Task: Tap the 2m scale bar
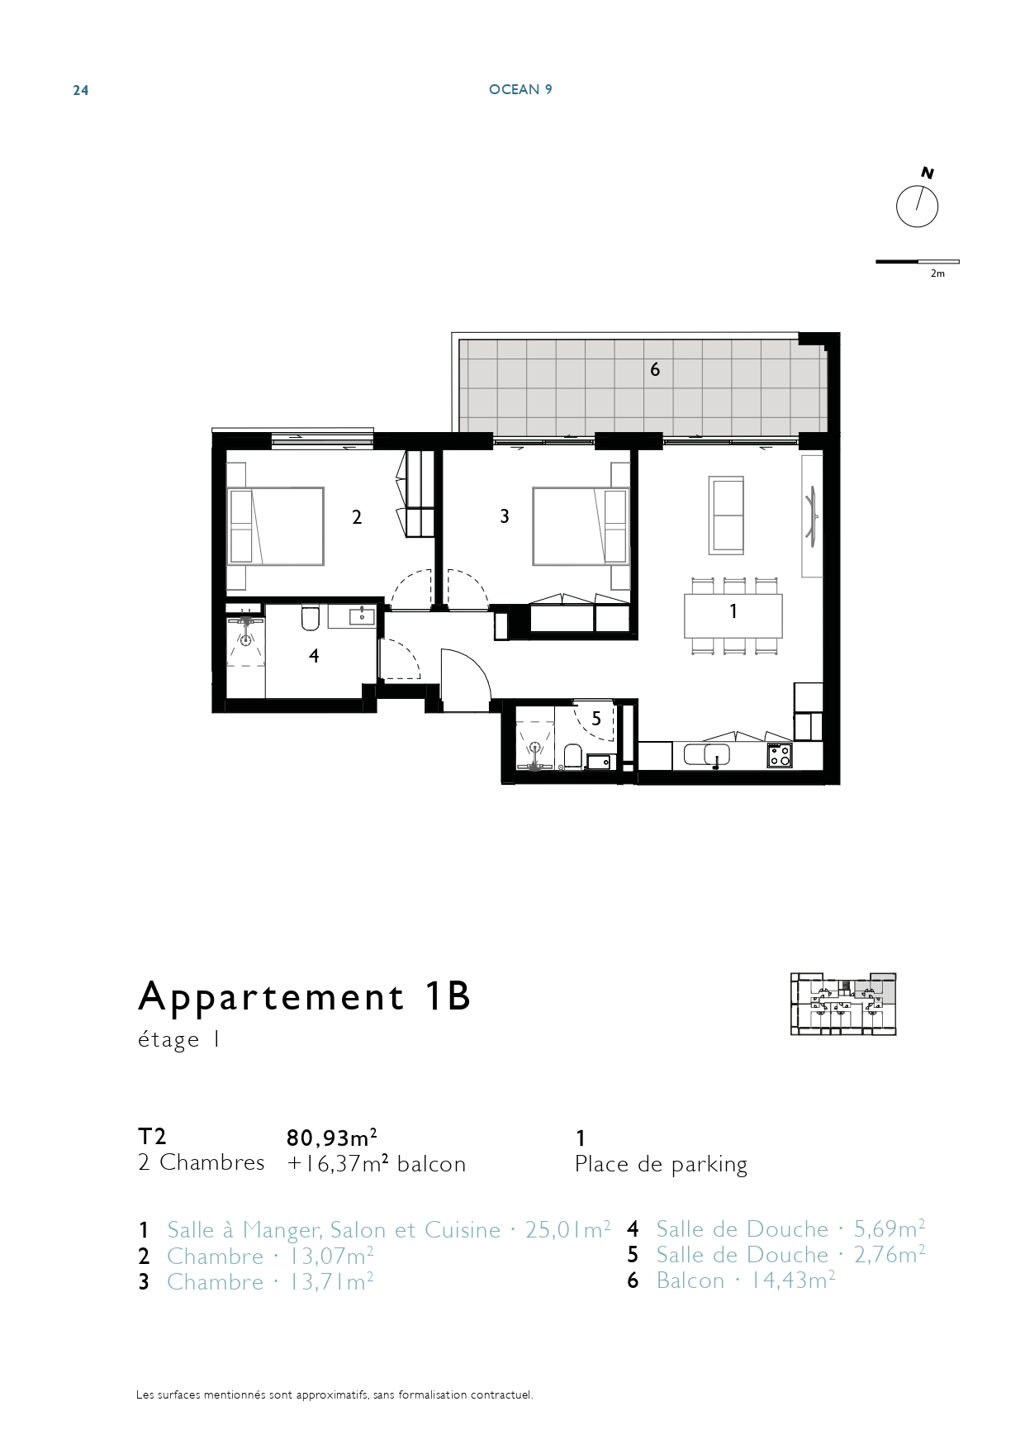(918, 262)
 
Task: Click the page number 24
(81, 90)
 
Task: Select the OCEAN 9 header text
(520, 89)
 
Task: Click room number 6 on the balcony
(655, 369)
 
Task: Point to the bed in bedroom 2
(275, 526)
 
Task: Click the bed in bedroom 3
(581, 526)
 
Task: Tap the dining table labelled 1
(733, 615)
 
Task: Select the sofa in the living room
(727, 515)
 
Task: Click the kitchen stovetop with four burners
(780, 755)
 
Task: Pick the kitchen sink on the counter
(716, 754)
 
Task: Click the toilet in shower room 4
(311, 616)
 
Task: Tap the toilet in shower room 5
(572, 756)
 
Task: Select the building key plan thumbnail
(843, 1004)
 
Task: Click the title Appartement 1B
(304, 996)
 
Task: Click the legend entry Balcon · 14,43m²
(746, 1280)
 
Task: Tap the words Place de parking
(661, 1164)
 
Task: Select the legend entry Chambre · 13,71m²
(270, 1282)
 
